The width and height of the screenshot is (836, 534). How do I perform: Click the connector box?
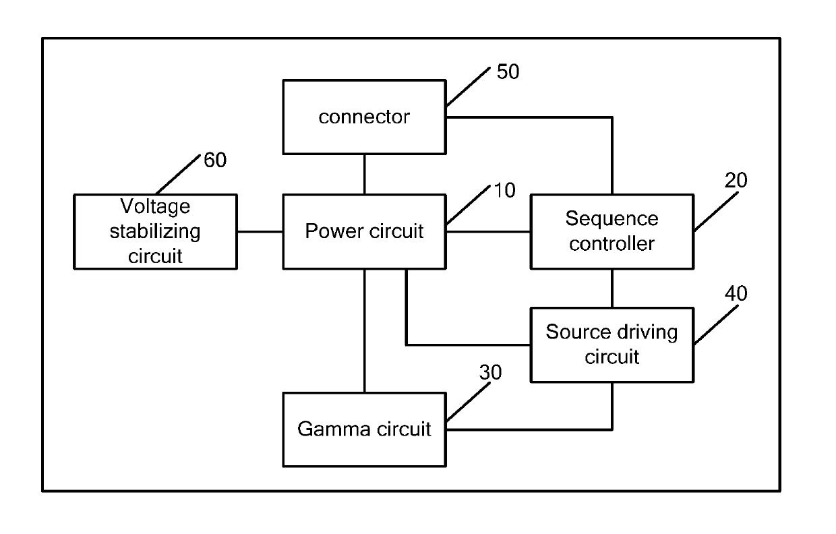click(x=364, y=117)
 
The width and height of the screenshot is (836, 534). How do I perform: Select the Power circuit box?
click(x=364, y=231)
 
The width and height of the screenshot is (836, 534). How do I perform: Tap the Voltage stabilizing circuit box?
click(x=155, y=231)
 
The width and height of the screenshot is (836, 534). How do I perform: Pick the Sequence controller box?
click(x=612, y=231)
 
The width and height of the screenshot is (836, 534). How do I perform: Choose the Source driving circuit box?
click(x=612, y=345)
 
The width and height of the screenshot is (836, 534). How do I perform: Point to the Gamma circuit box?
click(x=364, y=429)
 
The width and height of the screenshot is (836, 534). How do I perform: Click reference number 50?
click(x=508, y=71)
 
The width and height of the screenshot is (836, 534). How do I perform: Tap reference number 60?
click(x=215, y=160)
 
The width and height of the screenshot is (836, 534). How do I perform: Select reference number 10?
click(x=504, y=190)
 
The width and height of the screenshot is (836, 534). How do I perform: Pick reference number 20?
click(x=736, y=180)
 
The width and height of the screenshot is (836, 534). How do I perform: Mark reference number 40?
click(x=736, y=293)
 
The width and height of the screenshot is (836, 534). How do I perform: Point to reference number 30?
click(x=490, y=372)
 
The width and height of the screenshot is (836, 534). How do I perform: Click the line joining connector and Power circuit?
click(x=364, y=174)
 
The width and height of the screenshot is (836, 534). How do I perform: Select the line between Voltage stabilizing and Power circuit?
click(x=260, y=232)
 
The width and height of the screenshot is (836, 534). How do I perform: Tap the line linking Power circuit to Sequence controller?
click(x=488, y=232)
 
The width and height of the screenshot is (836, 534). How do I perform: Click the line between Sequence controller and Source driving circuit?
click(x=612, y=289)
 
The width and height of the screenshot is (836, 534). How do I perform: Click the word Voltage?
click(x=155, y=206)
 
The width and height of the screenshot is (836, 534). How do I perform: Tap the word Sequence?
click(x=612, y=218)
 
